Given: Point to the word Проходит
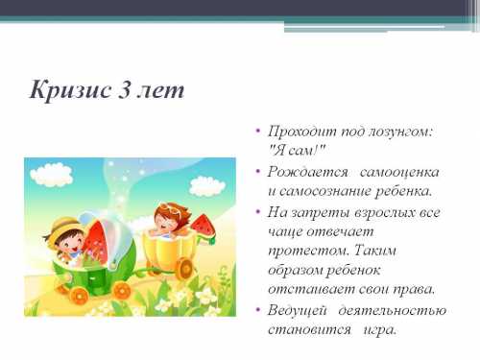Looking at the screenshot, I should point(298,130).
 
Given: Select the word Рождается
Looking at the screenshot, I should point(304,172).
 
